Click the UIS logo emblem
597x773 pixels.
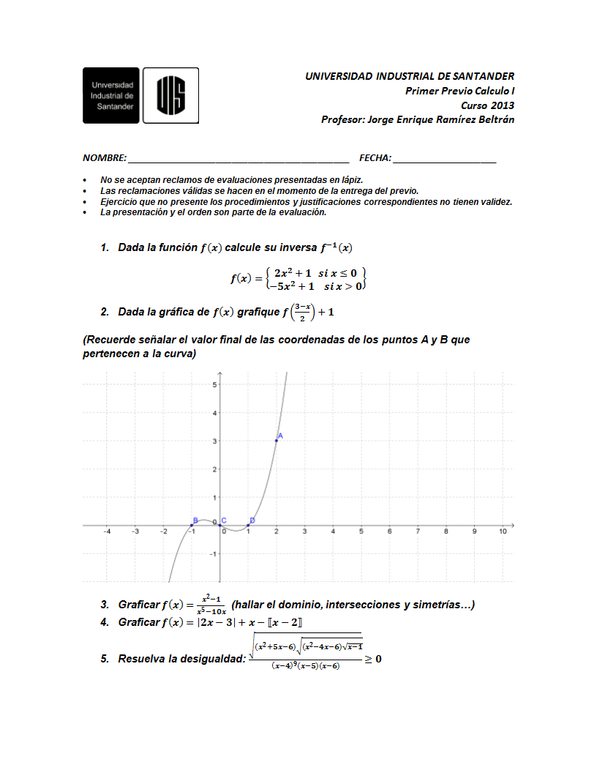170,95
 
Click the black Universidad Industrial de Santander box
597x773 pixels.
111,95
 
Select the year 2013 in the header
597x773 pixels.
502,105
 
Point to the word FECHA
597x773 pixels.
375,158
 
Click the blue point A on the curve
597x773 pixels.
277,440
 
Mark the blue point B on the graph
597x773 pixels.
191,525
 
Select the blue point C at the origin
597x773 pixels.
220,525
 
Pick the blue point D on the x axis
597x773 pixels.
248,525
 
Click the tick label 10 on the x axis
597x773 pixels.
503,532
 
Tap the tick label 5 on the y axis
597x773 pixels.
214,384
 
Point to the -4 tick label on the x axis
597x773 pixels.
107,532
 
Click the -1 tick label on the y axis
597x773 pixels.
212,554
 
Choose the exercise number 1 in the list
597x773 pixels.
105,248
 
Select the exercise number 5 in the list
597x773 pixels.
105,659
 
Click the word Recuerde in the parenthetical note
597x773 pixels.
113,340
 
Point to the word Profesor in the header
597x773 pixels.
342,119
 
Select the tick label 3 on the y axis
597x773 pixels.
214,441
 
